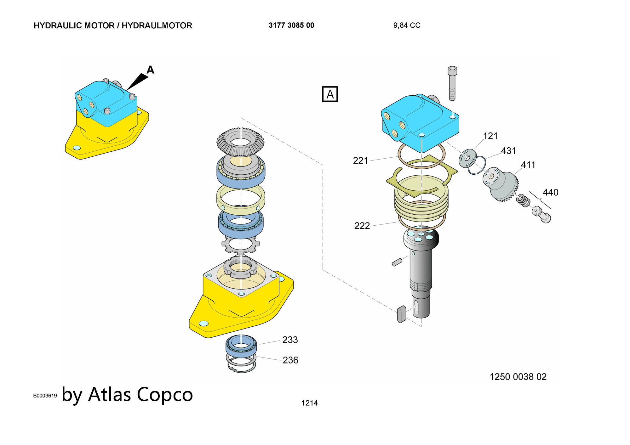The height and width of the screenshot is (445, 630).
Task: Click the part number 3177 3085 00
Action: [291, 25]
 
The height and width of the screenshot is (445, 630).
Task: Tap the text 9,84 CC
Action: [407, 25]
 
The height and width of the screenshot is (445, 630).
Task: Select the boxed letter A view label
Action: [330, 94]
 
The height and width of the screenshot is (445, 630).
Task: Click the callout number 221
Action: [360, 161]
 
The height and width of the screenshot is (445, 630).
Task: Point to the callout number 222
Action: [362, 226]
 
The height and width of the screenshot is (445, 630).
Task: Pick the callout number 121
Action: [490, 136]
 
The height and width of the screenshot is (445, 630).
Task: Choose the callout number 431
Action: [508, 151]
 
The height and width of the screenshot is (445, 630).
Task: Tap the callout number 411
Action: [528, 165]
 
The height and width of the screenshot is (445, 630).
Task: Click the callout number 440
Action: [550, 192]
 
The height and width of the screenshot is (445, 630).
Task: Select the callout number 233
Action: [290, 340]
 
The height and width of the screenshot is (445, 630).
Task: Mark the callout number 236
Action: [290, 360]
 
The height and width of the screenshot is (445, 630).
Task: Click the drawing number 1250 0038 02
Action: [518, 377]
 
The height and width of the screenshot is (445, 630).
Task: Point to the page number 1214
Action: [309, 403]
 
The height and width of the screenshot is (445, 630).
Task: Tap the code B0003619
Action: [45, 396]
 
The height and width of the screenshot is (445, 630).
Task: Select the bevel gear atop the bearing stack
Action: [241, 142]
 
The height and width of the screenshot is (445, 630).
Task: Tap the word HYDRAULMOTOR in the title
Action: [157, 25]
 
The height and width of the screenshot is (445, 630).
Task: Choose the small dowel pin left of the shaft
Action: [397, 262]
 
